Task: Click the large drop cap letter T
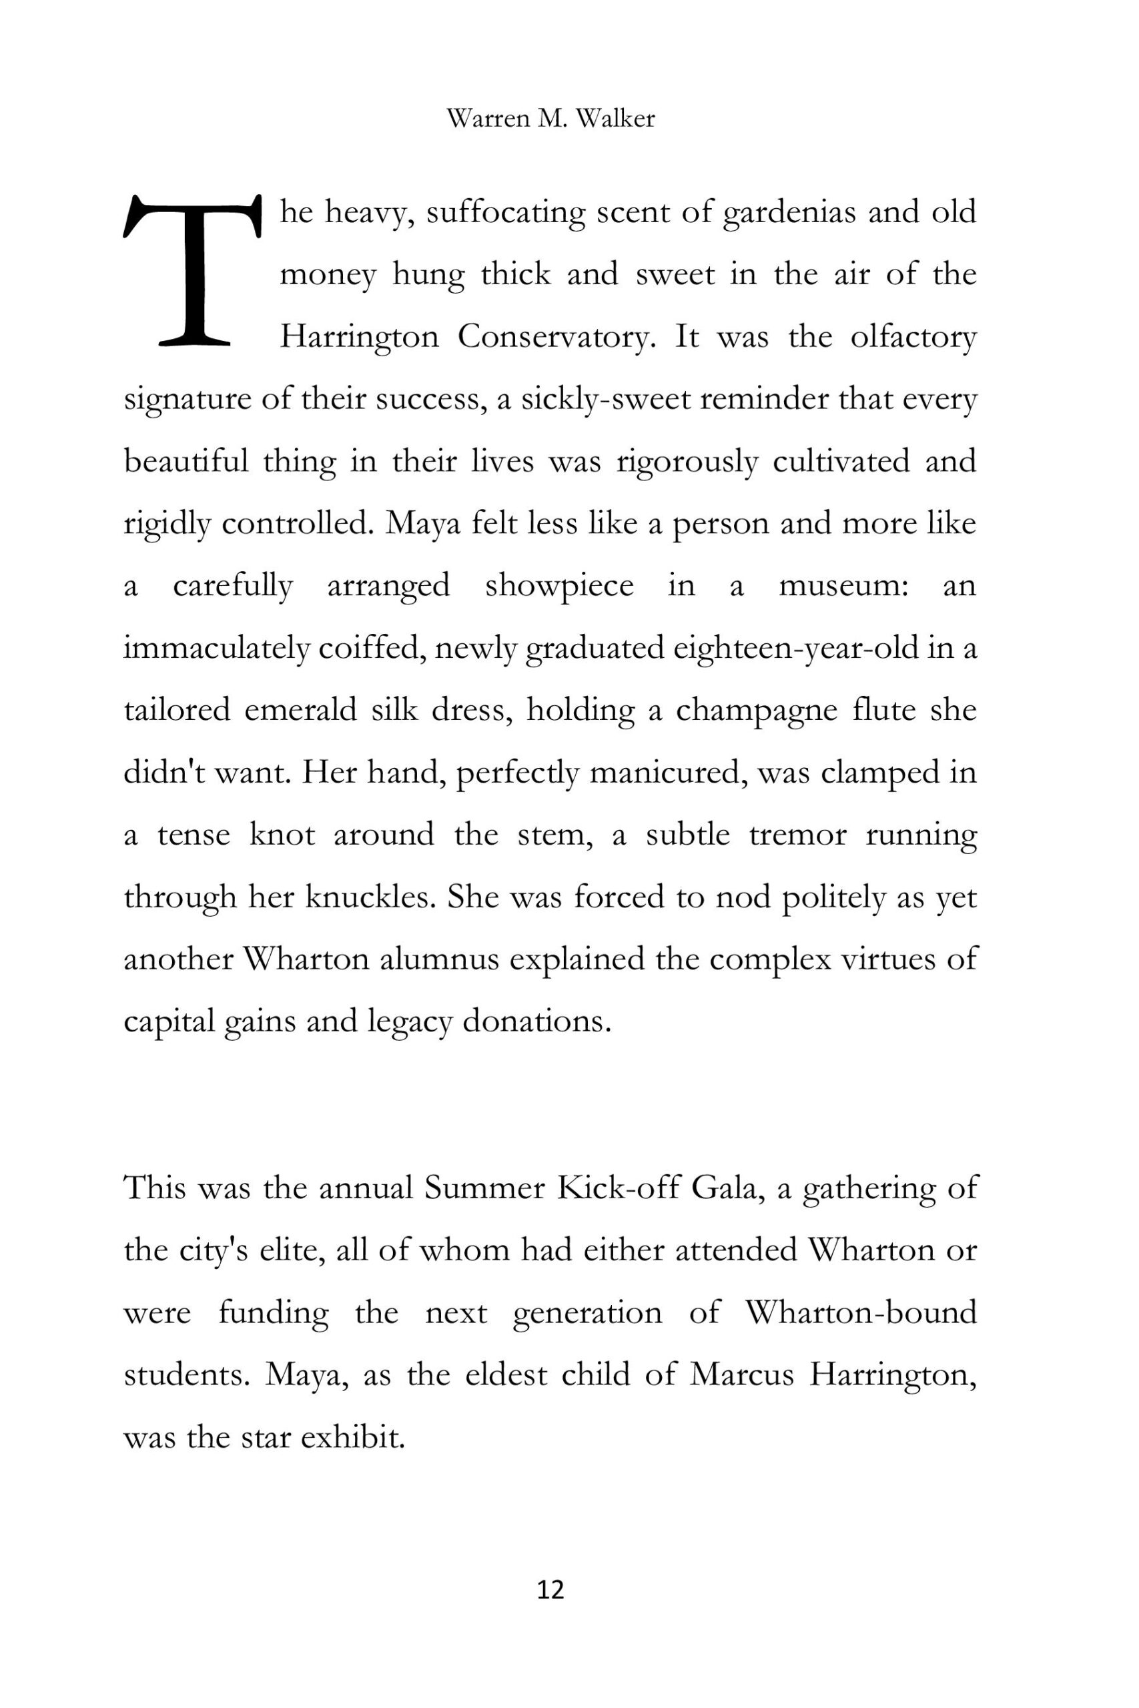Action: click(192, 270)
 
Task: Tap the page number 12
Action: click(550, 1590)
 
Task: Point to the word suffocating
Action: click(506, 213)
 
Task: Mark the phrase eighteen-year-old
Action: click(795, 648)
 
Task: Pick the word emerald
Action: click(301, 709)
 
